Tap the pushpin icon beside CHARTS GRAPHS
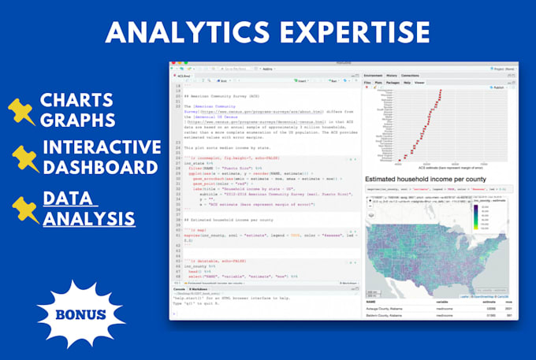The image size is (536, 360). pos(24,110)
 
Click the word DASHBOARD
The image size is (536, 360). pos(100,167)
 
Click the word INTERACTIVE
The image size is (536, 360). pos(101,147)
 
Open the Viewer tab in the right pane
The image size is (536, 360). pos(419,81)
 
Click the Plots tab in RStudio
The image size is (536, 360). pos(378,81)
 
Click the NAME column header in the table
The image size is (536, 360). pos(370,300)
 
